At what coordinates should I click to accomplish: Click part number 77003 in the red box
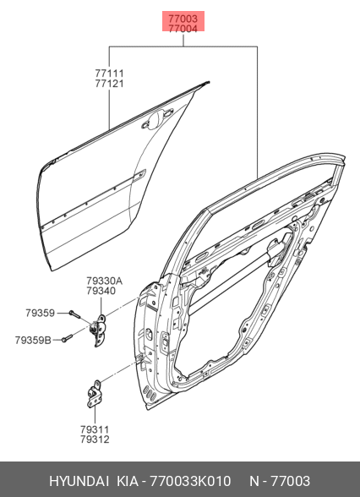click(x=183, y=19)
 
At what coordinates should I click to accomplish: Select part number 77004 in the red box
click(x=183, y=29)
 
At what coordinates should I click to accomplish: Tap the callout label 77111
click(x=109, y=74)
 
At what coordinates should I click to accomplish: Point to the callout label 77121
click(x=109, y=84)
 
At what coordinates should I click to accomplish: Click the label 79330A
click(x=104, y=281)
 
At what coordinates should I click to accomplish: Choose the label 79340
click(x=101, y=291)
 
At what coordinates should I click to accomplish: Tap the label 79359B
click(x=33, y=340)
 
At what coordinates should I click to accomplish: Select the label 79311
click(x=95, y=429)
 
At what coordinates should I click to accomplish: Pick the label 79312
click(x=95, y=440)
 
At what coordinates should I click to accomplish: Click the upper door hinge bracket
click(x=100, y=330)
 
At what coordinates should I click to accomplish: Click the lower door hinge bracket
click(x=94, y=394)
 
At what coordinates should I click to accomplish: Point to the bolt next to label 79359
click(x=74, y=314)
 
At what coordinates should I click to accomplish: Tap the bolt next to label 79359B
click(x=67, y=338)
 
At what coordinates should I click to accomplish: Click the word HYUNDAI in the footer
click(x=79, y=481)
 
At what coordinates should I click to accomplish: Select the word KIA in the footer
click(x=128, y=481)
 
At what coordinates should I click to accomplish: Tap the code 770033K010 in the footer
click(x=190, y=481)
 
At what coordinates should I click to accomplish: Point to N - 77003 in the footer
click(x=280, y=481)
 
